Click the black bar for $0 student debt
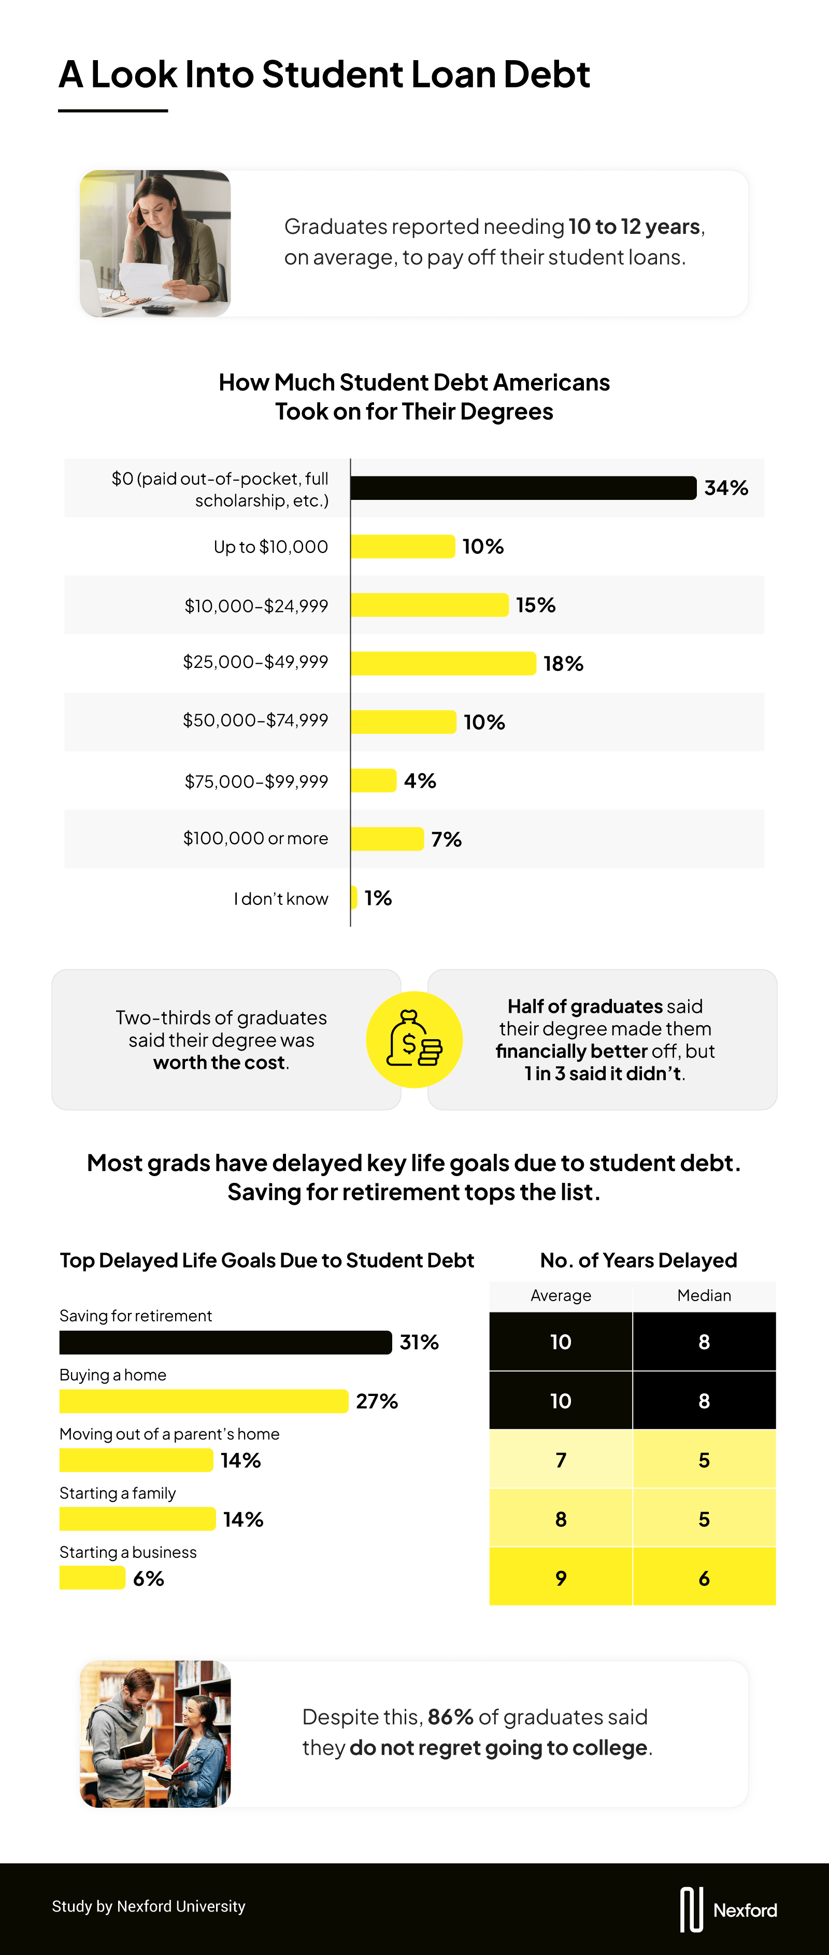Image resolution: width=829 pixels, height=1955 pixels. tap(523, 488)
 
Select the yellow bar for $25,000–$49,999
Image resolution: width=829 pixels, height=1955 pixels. tap(443, 663)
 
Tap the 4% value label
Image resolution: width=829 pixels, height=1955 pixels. tap(420, 781)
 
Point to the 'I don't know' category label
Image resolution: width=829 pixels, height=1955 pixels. tap(281, 899)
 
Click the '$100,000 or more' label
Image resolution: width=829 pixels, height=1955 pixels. tap(255, 839)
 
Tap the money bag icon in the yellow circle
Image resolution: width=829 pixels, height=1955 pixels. tap(414, 1040)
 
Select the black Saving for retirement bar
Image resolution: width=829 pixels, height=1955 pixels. tap(225, 1343)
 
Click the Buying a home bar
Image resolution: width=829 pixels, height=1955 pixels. tap(203, 1401)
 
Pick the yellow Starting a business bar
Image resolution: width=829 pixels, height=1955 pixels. tap(92, 1579)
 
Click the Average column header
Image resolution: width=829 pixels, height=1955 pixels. tap(561, 1295)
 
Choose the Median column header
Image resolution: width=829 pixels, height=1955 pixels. tap(704, 1295)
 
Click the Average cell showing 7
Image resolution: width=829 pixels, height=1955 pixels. tap(561, 1460)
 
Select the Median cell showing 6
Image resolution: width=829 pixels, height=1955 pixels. tap(704, 1579)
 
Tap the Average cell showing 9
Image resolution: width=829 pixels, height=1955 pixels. tap(561, 1579)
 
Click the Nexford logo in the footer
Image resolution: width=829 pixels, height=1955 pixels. tap(728, 1909)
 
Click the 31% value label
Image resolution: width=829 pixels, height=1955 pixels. tap(420, 1343)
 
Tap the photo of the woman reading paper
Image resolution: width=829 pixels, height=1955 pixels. tap(155, 244)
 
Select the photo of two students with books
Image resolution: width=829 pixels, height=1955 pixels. tap(155, 1734)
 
